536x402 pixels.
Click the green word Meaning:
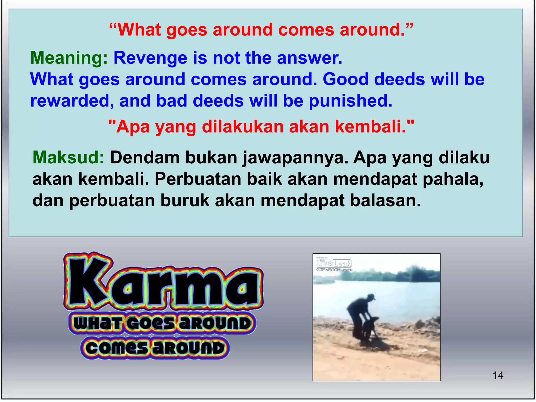[x=69, y=58]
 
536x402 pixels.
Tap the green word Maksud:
[x=68, y=158]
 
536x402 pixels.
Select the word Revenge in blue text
[x=150, y=58]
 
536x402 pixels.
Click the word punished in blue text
[x=350, y=101]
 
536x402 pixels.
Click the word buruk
[x=185, y=201]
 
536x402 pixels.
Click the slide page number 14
[x=498, y=376]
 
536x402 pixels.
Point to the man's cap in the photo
[x=371, y=297]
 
